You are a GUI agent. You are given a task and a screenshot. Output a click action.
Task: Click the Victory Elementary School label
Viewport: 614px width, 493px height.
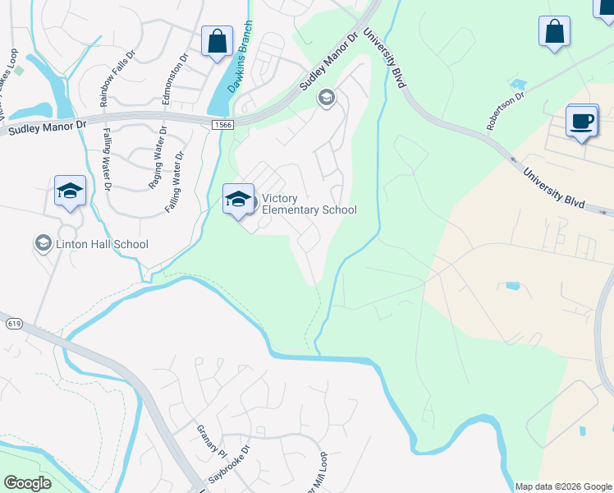tap(309, 204)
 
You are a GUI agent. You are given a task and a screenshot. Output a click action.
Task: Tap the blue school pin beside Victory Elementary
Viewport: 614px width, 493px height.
tap(238, 200)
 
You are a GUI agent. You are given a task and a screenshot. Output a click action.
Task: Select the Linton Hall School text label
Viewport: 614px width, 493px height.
tap(102, 243)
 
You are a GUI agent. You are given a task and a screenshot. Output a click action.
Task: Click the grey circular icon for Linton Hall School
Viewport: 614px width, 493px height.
tap(43, 243)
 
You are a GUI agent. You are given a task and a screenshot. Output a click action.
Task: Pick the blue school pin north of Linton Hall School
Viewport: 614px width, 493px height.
tap(71, 191)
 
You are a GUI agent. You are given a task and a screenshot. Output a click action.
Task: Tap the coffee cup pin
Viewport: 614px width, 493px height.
tap(582, 122)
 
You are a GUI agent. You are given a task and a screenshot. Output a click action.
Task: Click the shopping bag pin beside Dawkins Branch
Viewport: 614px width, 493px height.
tap(218, 42)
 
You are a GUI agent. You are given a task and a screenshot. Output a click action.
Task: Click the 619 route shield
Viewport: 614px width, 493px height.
tap(12, 325)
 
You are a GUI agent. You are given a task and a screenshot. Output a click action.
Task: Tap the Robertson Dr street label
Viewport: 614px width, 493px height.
tap(505, 111)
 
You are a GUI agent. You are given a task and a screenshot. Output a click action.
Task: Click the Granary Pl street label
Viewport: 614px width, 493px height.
tap(210, 440)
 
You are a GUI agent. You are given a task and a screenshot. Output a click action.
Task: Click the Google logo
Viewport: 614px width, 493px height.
tap(27, 482)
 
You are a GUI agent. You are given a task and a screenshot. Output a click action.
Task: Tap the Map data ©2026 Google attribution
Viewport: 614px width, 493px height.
tap(563, 486)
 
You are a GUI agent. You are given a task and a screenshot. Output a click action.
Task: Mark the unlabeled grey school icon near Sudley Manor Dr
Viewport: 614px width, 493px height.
tap(326, 99)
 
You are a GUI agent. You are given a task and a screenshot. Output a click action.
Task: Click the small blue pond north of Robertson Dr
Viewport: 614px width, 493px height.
tap(518, 83)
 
